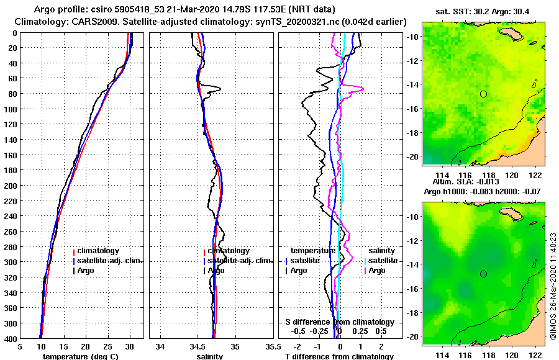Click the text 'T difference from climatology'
339,356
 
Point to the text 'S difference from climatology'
339,322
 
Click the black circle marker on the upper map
483,94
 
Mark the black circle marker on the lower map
483,274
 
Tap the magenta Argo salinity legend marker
365,271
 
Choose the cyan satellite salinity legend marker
365,261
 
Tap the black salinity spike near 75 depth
217,88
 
